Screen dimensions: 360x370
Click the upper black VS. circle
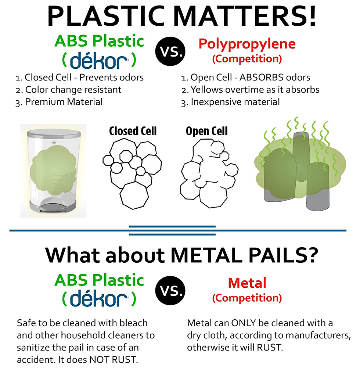(170, 51)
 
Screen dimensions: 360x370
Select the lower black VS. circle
(170, 291)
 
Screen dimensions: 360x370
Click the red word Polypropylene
(247, 44)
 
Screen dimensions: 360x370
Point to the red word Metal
(247, 283)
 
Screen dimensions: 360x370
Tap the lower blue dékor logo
(99, 299)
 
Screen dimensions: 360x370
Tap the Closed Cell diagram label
(133, 131)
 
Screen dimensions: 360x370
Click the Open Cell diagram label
(207, 132)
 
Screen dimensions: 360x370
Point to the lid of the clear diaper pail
(54, 133)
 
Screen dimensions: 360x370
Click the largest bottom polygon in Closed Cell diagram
(134, 195)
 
